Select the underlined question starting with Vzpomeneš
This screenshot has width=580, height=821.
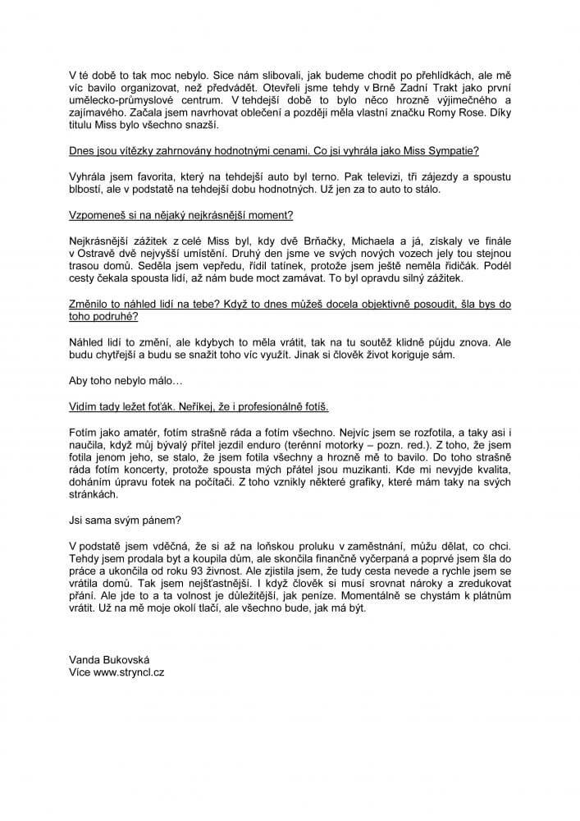click(x=180, y=216)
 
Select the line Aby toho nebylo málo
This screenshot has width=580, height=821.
click(x=126, y=383)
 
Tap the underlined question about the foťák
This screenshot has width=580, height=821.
click(x=199, y=406)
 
